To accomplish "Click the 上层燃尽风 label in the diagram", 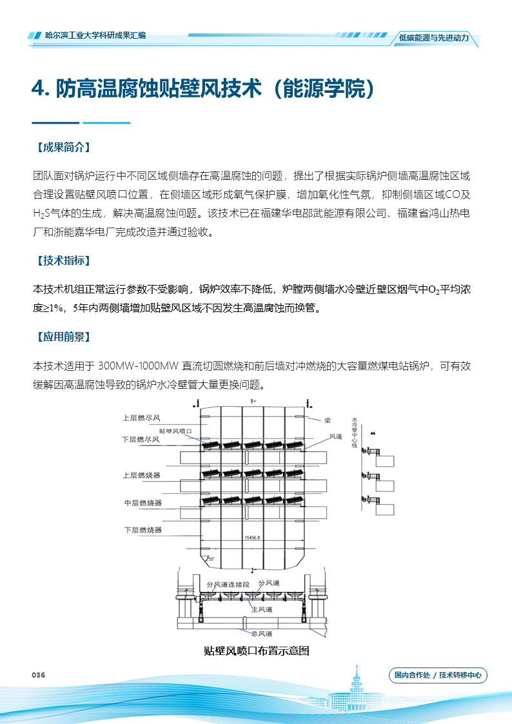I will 141,418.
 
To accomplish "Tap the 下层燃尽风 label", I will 141,439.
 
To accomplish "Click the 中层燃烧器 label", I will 143,503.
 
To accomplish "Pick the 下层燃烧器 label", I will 143,530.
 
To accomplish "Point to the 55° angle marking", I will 210,559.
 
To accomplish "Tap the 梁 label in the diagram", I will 328,420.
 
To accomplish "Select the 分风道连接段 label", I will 228,584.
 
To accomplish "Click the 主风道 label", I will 262,609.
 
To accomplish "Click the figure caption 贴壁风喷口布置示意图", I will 256,651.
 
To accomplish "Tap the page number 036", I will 38,675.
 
